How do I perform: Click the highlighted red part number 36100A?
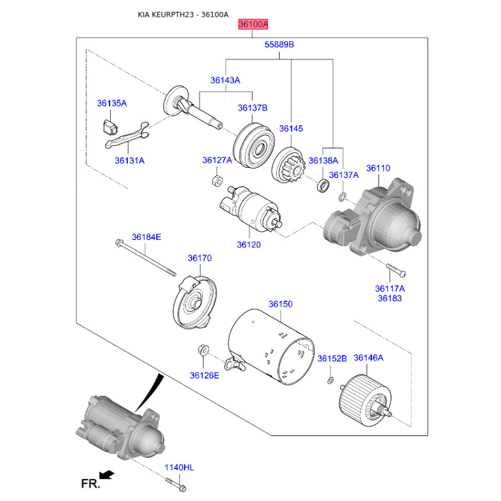(x=253, y=24)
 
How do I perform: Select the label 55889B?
(x=279, y=44)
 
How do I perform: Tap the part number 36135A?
(x=112, y=103)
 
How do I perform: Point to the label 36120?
(x=249, y=244)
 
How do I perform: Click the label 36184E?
(x=147, y=237)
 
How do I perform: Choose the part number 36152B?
(x=332, y=358)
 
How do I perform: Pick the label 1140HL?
(x=179, y=467)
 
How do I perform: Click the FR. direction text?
(x=90, y=483)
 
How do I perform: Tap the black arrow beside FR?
(x=106, y=475)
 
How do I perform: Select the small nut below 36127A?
(x=217, y=180)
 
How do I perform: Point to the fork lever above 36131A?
(x=127, y=135)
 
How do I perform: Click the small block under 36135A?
(x=110, y=127)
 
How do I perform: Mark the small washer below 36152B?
(x=331, y=380)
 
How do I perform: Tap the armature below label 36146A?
(x=365, y=400)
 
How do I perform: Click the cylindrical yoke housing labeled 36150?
(x=271, y=346)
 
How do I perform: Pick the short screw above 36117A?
(x=396, y=270)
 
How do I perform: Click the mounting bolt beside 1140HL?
(x=176, y=483)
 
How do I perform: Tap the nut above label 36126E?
(x=203, y=350)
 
